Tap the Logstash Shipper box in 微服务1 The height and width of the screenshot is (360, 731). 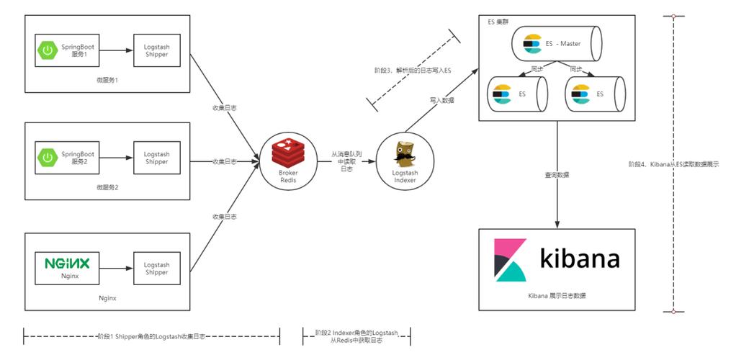pos(156,50)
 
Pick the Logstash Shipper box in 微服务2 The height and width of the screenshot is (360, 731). pos(156,158)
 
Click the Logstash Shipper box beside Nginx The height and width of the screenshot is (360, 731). pos(156,268)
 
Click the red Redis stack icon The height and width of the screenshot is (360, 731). pos(287,153)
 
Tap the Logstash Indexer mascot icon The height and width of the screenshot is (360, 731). pos(404,155)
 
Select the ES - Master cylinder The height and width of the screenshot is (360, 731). pos(555,44)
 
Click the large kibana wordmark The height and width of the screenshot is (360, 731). pos(580,258)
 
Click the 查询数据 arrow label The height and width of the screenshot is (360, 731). pos(557,175)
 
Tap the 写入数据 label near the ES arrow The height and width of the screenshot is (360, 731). pos(442,100)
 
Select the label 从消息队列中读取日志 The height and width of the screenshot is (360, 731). pos(346,161)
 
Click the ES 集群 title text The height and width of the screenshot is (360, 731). pos(498,20)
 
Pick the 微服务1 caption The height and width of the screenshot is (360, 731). pos(107,80)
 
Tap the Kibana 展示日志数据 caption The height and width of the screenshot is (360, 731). pos(557,296)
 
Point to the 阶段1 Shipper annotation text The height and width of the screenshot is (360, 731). pos(151,336)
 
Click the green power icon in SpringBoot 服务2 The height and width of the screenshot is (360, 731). pos(48,158)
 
